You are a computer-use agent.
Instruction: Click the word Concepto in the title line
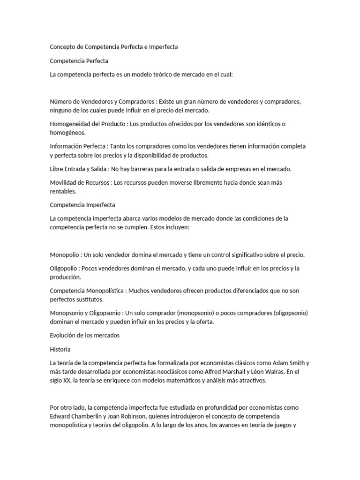click(x=62, y=47)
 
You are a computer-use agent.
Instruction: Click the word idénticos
click(x=266, y=124)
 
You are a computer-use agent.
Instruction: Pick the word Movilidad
click(x=63, y=182)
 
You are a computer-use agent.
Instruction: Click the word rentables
click(x=62, y=191)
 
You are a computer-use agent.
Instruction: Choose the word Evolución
click(x=63, y=335)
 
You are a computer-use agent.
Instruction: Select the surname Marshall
click(x=247, y=372)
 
